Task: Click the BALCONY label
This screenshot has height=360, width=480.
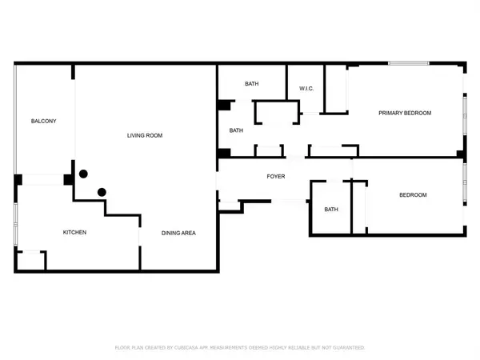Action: point(43,121)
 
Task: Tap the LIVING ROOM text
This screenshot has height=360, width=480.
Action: point(145,135)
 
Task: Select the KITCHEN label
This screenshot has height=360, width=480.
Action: point(74,232)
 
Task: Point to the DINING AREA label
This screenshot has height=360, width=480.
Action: point(178,233)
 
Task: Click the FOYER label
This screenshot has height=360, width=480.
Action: point(276,176)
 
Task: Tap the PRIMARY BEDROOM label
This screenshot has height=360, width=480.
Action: point(405,113)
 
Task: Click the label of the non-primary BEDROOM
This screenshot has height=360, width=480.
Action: point(413,194)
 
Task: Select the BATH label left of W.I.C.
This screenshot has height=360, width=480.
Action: point(252,83)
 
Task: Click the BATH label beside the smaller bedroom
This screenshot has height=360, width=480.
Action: point(331,210)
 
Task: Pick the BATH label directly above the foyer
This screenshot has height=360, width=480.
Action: point(236,130)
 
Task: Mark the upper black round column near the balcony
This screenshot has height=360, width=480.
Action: point(82,174)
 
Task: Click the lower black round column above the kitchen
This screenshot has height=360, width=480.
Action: point(101,191)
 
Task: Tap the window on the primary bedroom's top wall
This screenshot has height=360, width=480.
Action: point(408,63)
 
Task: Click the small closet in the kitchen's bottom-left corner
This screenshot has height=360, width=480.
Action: point(31,261)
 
